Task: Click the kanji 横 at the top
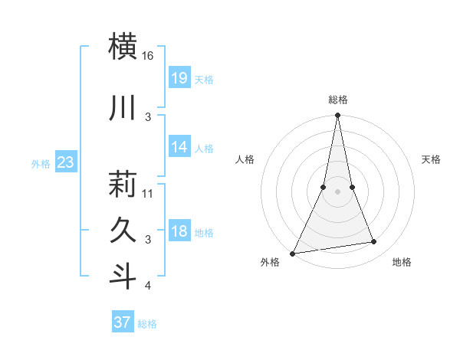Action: click(x=123, y=46)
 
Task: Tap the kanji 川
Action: click(x=123, y=108)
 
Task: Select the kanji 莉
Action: click(x=123, y=183)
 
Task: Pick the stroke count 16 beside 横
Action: click(x=148, y=56)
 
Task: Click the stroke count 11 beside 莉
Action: click(x=148, y=193)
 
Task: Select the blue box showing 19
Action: click(x=179, y=77)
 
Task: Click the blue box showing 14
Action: click(x=179, y=146)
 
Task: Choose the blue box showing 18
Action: click(x=179, y=231)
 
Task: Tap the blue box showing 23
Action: click(x=65, y=162)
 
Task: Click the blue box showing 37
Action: click(x=122, y=322)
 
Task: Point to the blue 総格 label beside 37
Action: click(x=147, y=324)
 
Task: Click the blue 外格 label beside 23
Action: click(x=40, y=163)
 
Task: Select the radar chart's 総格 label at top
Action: click(x=337, y=100)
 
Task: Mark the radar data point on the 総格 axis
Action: click(x=337, y=116)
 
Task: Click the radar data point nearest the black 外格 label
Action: click(x=292, y=254)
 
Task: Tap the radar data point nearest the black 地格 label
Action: click(x=374, y=242)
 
